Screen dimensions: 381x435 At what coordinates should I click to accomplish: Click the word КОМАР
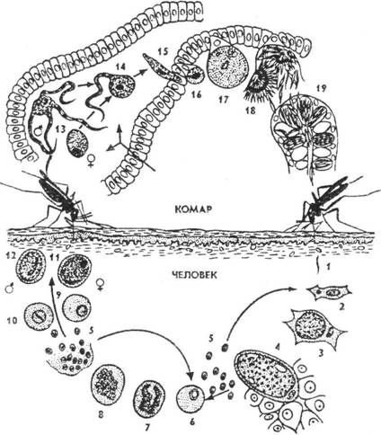pos(193,209)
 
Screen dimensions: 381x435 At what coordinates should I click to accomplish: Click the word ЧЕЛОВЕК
pos(194,274)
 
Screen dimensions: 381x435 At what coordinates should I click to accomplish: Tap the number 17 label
pos(223,99)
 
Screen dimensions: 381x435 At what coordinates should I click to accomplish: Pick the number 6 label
pos(192,422)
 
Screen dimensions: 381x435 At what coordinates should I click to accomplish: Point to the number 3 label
pos(320,353)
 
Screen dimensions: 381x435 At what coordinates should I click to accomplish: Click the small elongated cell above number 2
pos(330,292)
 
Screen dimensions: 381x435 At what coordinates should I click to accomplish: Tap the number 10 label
pos(11,321)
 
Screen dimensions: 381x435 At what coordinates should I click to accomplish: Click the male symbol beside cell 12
pos(10,289)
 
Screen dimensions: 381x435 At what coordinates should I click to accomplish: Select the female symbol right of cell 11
pos(100,284)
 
